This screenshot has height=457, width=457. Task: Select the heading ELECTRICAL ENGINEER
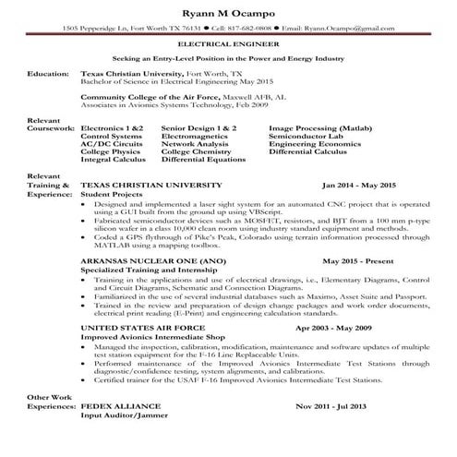(228, 44)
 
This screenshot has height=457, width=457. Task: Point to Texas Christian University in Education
(131, 72)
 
